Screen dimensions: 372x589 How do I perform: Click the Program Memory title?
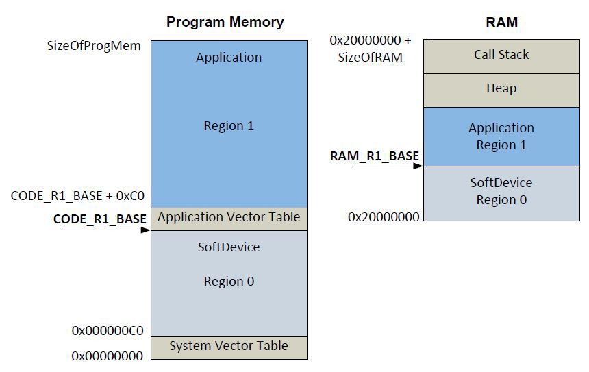[225, 22]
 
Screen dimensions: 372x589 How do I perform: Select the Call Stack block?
[501, 55]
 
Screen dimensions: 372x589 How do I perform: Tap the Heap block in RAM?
[501, 88]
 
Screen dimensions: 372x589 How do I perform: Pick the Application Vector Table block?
[229, 217]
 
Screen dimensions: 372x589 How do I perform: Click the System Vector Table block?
[229, 346]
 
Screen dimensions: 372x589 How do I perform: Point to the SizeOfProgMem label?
[94, 46]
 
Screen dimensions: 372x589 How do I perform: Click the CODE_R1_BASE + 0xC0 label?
[77, 196]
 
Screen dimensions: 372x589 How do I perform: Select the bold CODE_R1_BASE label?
[99, 219]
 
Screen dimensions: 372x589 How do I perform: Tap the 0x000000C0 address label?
[108, 331]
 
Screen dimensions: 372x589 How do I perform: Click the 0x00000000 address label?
[108, 356]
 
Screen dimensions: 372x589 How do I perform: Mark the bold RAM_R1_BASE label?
[374, 156]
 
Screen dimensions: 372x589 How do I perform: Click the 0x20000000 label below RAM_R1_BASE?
[384, 216]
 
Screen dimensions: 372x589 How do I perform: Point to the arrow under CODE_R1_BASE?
[106, 230]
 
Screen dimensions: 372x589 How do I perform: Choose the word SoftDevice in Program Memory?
[229, 247]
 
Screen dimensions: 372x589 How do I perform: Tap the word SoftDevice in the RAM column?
[501, 182]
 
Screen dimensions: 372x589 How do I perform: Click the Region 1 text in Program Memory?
[229, 126]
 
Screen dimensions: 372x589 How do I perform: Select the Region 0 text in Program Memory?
[229, 282]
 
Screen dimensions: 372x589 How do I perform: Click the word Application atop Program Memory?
[229, 58]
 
